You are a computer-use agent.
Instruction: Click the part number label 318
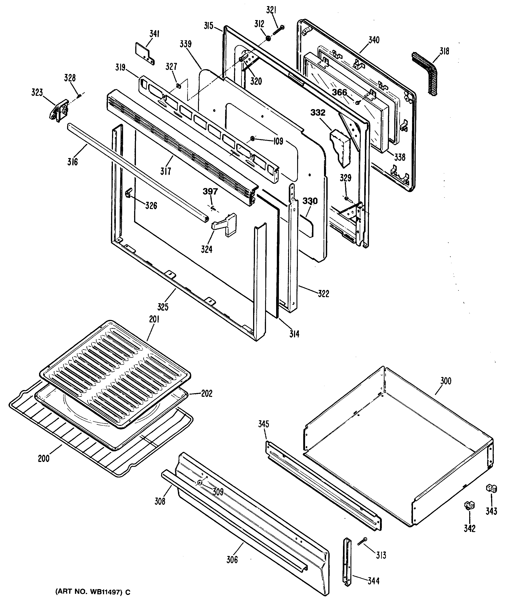point(444,51)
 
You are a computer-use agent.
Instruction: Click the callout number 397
point(210,192)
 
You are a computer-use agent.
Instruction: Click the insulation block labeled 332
point(341,147)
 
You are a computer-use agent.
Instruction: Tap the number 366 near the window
point(339,93)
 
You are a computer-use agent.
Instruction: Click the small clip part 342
point(469,505)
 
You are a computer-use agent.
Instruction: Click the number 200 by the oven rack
point(44,459)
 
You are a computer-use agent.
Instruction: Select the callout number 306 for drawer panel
point(232,560)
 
